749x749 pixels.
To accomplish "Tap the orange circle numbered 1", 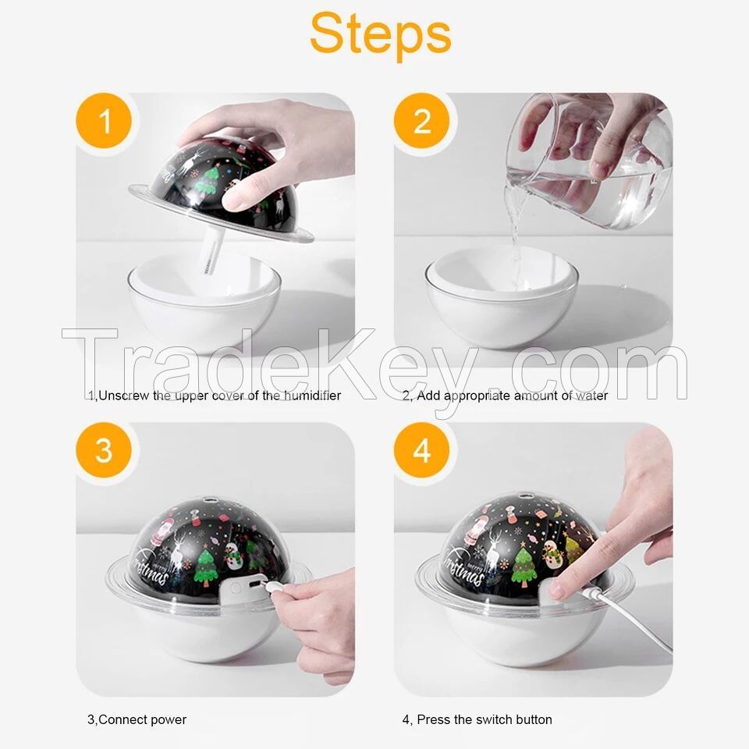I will (103, 122).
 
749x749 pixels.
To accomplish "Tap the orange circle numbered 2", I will (421, 122).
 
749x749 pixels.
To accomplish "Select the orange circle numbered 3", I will (103, 451).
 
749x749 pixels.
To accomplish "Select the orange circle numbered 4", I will (421, 451).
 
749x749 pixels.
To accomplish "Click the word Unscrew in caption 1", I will (123, 396).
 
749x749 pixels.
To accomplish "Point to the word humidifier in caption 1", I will (311, 396).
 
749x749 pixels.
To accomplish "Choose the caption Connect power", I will (137, 719).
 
